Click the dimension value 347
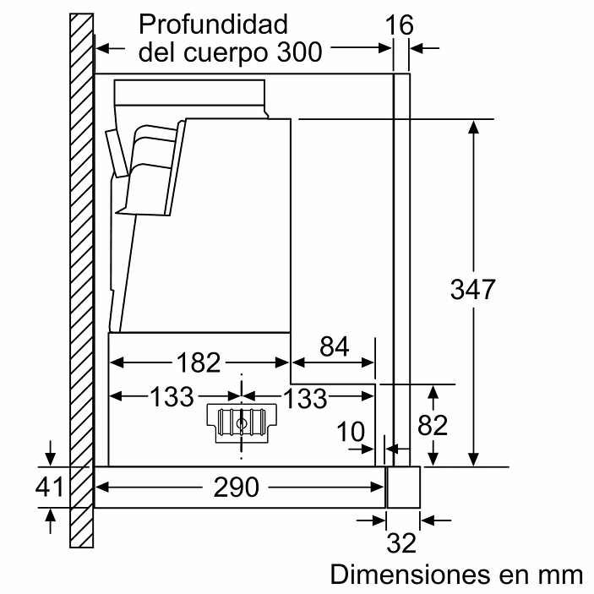(471, 290)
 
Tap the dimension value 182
(199, 362)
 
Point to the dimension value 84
(333, 346)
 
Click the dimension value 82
(432, 425)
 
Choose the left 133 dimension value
(172, 397)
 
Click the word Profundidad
(213, 23)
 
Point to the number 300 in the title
(299, 52)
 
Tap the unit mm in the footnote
(559, 575)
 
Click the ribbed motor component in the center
(243, 422)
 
